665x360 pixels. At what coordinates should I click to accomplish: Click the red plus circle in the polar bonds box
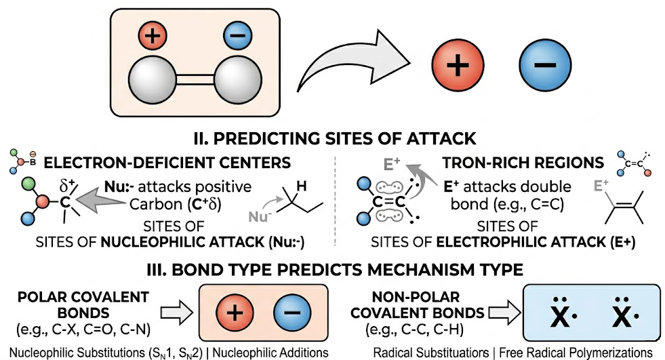[x=233, y=313]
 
